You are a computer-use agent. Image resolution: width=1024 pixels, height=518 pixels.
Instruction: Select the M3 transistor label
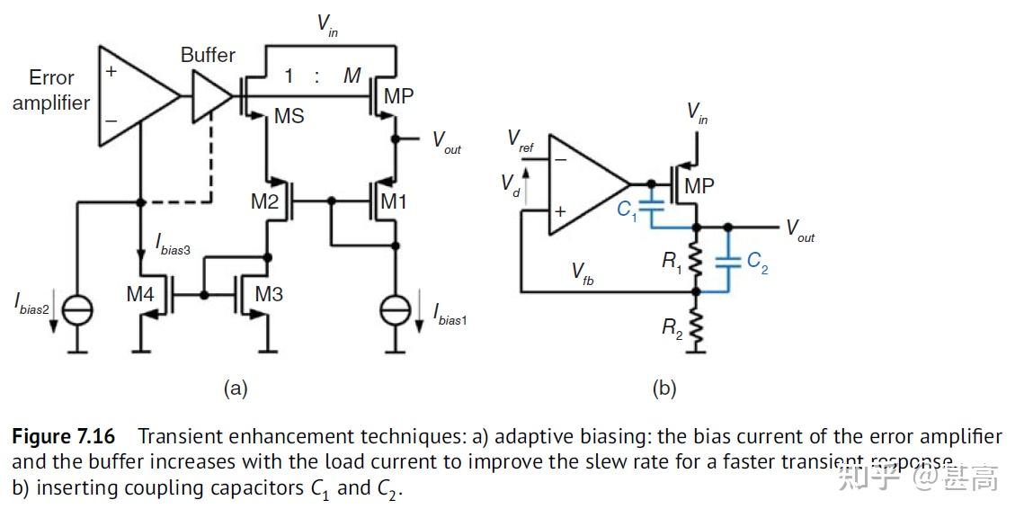point(269,294)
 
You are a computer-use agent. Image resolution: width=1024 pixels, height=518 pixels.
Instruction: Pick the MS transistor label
point(289,116)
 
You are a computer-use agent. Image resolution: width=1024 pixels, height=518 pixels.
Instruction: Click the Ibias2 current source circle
point(76,309)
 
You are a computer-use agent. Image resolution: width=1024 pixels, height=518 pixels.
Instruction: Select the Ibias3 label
point(173,244)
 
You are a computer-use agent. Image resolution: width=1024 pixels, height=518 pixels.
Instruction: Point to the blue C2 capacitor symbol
point(727,261)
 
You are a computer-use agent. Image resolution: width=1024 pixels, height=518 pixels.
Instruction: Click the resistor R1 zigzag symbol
point(696,259)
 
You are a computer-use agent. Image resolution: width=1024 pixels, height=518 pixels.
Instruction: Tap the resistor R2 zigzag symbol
point(696,326)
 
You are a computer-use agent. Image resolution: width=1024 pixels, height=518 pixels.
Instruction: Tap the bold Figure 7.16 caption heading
point(64,437)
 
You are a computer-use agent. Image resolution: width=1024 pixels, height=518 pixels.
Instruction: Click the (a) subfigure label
point(235,388)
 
